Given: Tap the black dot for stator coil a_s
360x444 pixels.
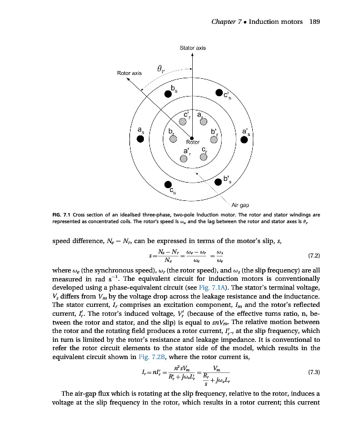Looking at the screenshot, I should (x=141, y=139).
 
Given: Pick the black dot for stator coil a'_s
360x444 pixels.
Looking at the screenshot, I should (x=244, y=139).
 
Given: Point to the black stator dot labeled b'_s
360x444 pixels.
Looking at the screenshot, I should (x=218, y=181).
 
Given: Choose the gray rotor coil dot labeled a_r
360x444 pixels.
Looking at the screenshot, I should (x=203, y=122).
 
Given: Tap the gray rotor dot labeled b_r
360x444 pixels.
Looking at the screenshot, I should (x=173, y=139).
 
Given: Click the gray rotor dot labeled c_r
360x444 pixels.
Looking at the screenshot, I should (x=203, y=157).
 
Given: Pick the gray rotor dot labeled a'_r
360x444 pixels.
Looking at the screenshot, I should (x=184, y=158).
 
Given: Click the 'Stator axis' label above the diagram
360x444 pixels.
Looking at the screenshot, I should (x=192, y=48).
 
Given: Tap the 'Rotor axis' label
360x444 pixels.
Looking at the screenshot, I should (x=129, y=73).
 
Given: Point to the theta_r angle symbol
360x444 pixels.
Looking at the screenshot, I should (x=161, y=68).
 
